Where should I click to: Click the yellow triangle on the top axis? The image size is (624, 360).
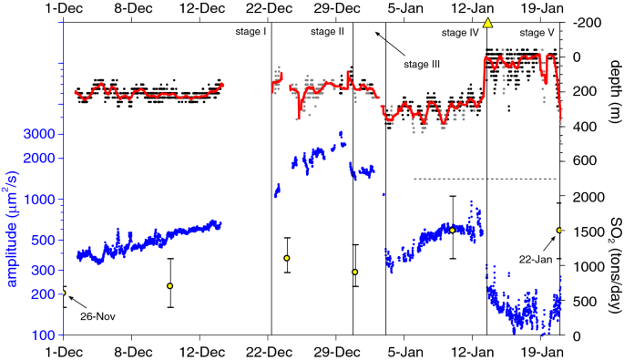(x=488, y=22)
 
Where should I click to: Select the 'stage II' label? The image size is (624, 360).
(x=328, y=32)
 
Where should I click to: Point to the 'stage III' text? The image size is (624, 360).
(x=422, y=64)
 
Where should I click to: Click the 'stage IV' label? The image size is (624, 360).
(x=460, y=33)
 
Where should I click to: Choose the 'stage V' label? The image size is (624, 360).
(x=537, y=33)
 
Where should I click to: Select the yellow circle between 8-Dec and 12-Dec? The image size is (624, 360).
(x=169, y=285)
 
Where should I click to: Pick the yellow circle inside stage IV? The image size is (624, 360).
(x=452, y=230)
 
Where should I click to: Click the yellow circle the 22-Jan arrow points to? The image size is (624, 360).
(x=559, y=231)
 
